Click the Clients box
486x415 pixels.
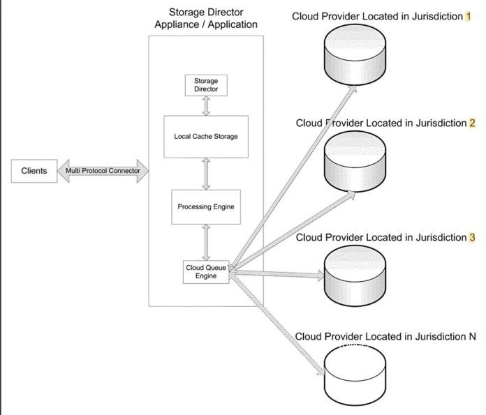click(x=34, y=171)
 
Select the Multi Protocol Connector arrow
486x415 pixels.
click(x=103, y=171)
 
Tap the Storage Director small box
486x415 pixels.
click(x=206, y=85)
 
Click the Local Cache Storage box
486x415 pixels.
click(x=206, y=136)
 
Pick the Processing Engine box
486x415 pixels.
click(x=206, y=206)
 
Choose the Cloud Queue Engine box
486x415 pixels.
click(x=206, y=271)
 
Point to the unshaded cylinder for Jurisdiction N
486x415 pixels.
click(x=355, y=370)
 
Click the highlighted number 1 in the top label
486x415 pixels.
click(x=469, y=15)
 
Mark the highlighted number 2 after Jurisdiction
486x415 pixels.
click(x=472, y=123)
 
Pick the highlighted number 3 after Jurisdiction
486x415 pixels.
click(x=472, y=237)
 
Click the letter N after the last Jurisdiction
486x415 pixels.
click(x=472, y=337)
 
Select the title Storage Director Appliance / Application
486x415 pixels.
click(x=206, y=19)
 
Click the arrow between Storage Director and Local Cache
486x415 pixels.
click(x=206, y=106)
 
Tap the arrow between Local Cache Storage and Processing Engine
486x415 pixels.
click(x=206, y=173)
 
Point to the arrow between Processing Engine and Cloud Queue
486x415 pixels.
click(x=206, y=241)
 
